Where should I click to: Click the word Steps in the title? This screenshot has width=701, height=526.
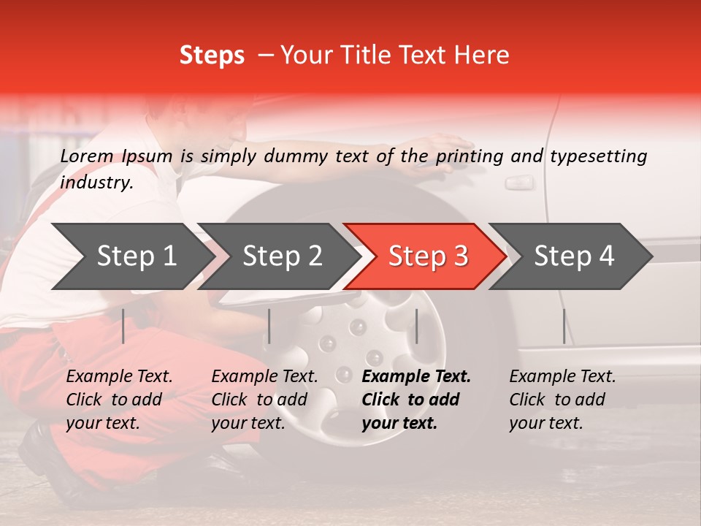coord(212,56)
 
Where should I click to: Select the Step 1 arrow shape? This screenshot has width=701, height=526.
coord(131,256)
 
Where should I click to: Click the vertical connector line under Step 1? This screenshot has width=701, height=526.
coord(123,326)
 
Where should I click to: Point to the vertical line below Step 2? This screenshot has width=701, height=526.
coord(269,326)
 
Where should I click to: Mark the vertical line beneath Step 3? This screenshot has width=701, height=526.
coord(416,326)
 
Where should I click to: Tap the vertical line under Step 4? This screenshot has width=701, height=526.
coord(564,326)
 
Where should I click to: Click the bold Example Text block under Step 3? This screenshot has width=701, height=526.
coord(416,400)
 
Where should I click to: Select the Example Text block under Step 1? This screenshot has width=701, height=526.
coord(119,400)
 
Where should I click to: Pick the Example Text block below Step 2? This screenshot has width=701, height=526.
coord(264,400)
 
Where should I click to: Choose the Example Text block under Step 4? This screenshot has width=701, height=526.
coord(562,400)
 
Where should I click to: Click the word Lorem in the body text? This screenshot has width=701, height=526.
coord(87,156)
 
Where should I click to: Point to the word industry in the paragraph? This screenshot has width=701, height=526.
coord(96,183)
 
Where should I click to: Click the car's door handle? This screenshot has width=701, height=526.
coord(519,182)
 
